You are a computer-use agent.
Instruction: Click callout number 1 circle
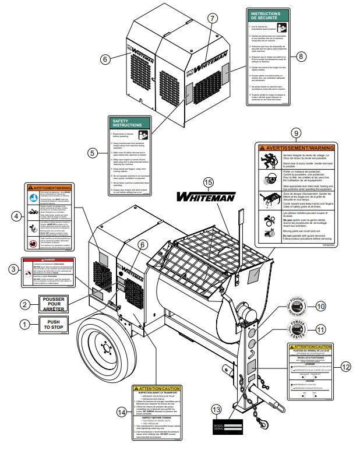tap(24, 323)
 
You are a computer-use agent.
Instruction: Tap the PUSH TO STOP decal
tap(53, 324)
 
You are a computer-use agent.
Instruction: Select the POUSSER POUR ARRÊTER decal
tap(53, 304)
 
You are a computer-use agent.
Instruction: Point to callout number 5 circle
tap(92, 153)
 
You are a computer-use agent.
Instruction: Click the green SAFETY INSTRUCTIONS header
tap(128, 123)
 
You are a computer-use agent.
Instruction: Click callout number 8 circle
tap(301, 56)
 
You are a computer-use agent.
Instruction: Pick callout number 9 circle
tap(295, 133)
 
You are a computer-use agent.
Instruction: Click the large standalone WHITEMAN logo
tap(206, 196)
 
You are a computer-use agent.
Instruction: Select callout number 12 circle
tap(345, 367)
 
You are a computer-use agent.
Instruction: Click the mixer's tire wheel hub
tap(105, 351)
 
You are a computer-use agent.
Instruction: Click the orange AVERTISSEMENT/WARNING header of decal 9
tap(296, 148)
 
